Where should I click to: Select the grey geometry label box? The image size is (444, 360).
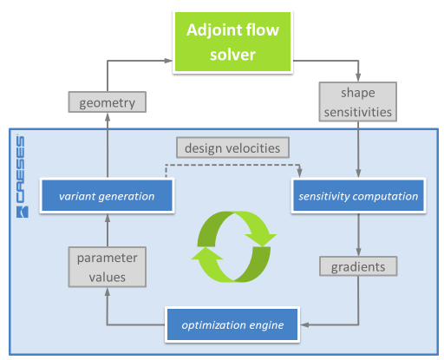[x=108, y=102]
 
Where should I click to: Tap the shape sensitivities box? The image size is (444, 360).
[x=357, y=102]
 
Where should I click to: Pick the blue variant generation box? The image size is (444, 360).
[x=108, y=196]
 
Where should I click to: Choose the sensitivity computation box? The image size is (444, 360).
[x=357, y=196]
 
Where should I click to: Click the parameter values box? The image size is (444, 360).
[x=108, y=266]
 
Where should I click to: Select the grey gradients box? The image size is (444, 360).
[x=357, y=266]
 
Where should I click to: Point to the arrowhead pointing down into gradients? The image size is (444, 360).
[x=357, y=251]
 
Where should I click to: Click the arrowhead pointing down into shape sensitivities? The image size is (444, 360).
[x=357, y=81]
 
